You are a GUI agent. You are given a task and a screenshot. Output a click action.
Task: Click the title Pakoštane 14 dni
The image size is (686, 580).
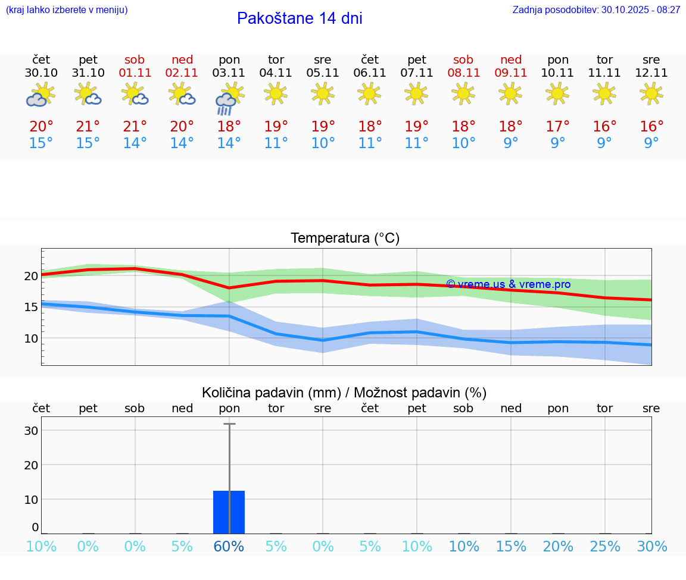(300, 18)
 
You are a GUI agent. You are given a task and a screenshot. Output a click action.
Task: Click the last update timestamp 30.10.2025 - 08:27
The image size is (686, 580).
(632, 10)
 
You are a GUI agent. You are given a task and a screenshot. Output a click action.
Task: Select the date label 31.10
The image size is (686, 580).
(88, 73)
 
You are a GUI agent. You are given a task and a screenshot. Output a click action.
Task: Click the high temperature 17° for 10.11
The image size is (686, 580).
(558, 126)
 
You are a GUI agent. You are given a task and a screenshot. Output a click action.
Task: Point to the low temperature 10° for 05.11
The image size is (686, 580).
(323, 143)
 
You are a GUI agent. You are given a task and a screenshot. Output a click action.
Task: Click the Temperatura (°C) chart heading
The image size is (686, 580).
(345, 239)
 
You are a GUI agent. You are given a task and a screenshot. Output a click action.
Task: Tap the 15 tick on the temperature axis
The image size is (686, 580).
(30, 307)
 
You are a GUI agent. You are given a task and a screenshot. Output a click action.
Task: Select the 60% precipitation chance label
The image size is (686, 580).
(229, 547)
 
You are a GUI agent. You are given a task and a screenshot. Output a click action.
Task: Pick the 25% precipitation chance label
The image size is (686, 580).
(605, 547)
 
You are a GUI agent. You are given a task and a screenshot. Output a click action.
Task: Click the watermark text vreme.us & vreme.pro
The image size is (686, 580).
(509, 284)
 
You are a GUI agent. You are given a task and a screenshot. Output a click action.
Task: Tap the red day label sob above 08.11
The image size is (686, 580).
(463, 59)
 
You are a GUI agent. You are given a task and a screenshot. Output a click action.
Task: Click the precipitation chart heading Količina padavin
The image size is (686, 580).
(344, 393)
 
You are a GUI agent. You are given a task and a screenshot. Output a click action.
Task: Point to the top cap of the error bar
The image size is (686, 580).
(229, 424)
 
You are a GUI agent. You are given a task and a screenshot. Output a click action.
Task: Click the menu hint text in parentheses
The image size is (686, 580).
(66, 10)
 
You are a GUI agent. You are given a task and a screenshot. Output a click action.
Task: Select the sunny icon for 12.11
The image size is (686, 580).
(651, 93)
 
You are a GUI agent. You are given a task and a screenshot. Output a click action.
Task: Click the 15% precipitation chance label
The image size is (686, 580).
(511, 547)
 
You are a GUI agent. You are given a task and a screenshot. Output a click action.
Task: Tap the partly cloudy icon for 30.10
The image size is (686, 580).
(40, 95)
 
